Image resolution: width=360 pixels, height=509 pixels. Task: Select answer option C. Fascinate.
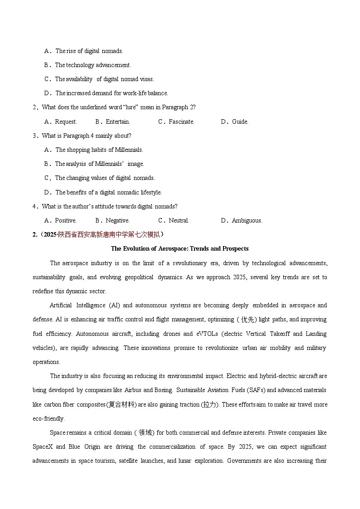176,121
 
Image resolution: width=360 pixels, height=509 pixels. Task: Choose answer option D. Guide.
234,121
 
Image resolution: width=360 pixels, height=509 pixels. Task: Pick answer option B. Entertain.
112,121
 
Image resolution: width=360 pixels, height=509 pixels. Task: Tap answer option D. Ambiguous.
241,220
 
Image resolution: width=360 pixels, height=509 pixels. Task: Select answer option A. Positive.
60,220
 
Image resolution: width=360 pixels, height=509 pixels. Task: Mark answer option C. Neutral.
174,220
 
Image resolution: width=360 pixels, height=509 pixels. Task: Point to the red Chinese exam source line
98,234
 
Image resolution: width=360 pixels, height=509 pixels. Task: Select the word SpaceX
43,447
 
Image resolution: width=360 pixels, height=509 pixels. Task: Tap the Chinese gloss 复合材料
120,404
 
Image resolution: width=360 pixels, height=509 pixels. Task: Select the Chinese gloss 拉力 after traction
210,404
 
